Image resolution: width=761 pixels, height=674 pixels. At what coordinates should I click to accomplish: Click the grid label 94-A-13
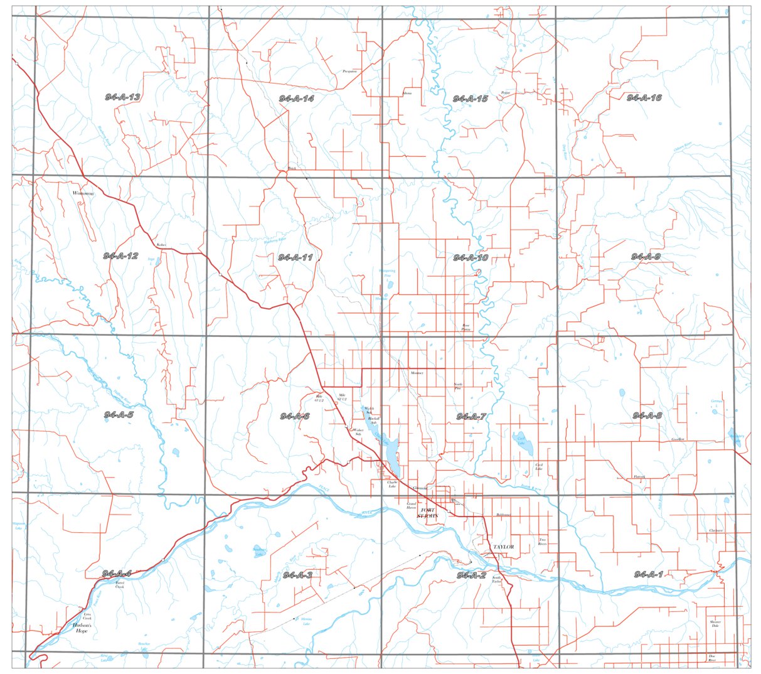122,97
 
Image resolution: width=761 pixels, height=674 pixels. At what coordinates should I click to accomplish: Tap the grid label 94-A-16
644,97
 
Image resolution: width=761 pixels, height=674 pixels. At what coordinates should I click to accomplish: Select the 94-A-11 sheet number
295,257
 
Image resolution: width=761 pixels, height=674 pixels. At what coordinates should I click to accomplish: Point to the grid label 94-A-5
119,415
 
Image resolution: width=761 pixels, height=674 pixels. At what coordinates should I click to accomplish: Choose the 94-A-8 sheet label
647,415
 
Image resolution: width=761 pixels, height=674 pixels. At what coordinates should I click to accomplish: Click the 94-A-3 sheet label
297,575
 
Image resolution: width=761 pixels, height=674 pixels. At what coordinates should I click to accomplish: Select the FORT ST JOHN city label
429,513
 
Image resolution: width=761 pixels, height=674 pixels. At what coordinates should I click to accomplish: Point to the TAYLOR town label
503,547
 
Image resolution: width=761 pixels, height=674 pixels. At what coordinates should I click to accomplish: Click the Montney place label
417,373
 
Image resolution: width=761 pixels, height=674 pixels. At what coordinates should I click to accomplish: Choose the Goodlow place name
677,439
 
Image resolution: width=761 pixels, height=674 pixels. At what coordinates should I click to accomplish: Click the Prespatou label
349,72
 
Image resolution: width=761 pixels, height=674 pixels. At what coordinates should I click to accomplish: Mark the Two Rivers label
543,542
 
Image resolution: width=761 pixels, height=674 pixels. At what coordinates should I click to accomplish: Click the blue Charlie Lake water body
391,452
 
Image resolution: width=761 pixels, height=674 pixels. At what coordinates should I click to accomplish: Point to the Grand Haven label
412,505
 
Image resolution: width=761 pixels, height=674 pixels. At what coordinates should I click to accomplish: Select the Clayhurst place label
715,530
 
